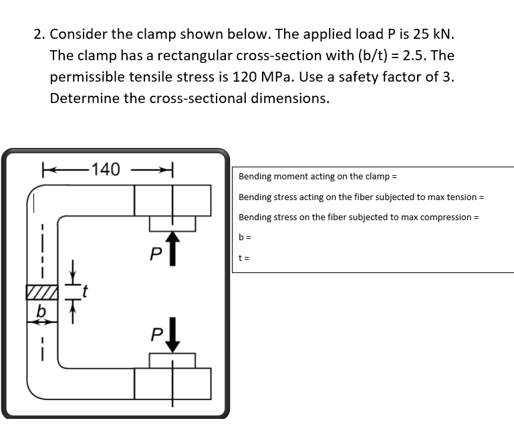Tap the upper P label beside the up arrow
[155, 254]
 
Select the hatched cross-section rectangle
[42, 292]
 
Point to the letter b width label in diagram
[41, 311]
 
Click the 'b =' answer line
[244, 237]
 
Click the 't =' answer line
[243, 257]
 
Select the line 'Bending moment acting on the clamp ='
[317, 177]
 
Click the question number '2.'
[40, 33]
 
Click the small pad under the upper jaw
[172, 223]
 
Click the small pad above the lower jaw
[172, 361]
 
